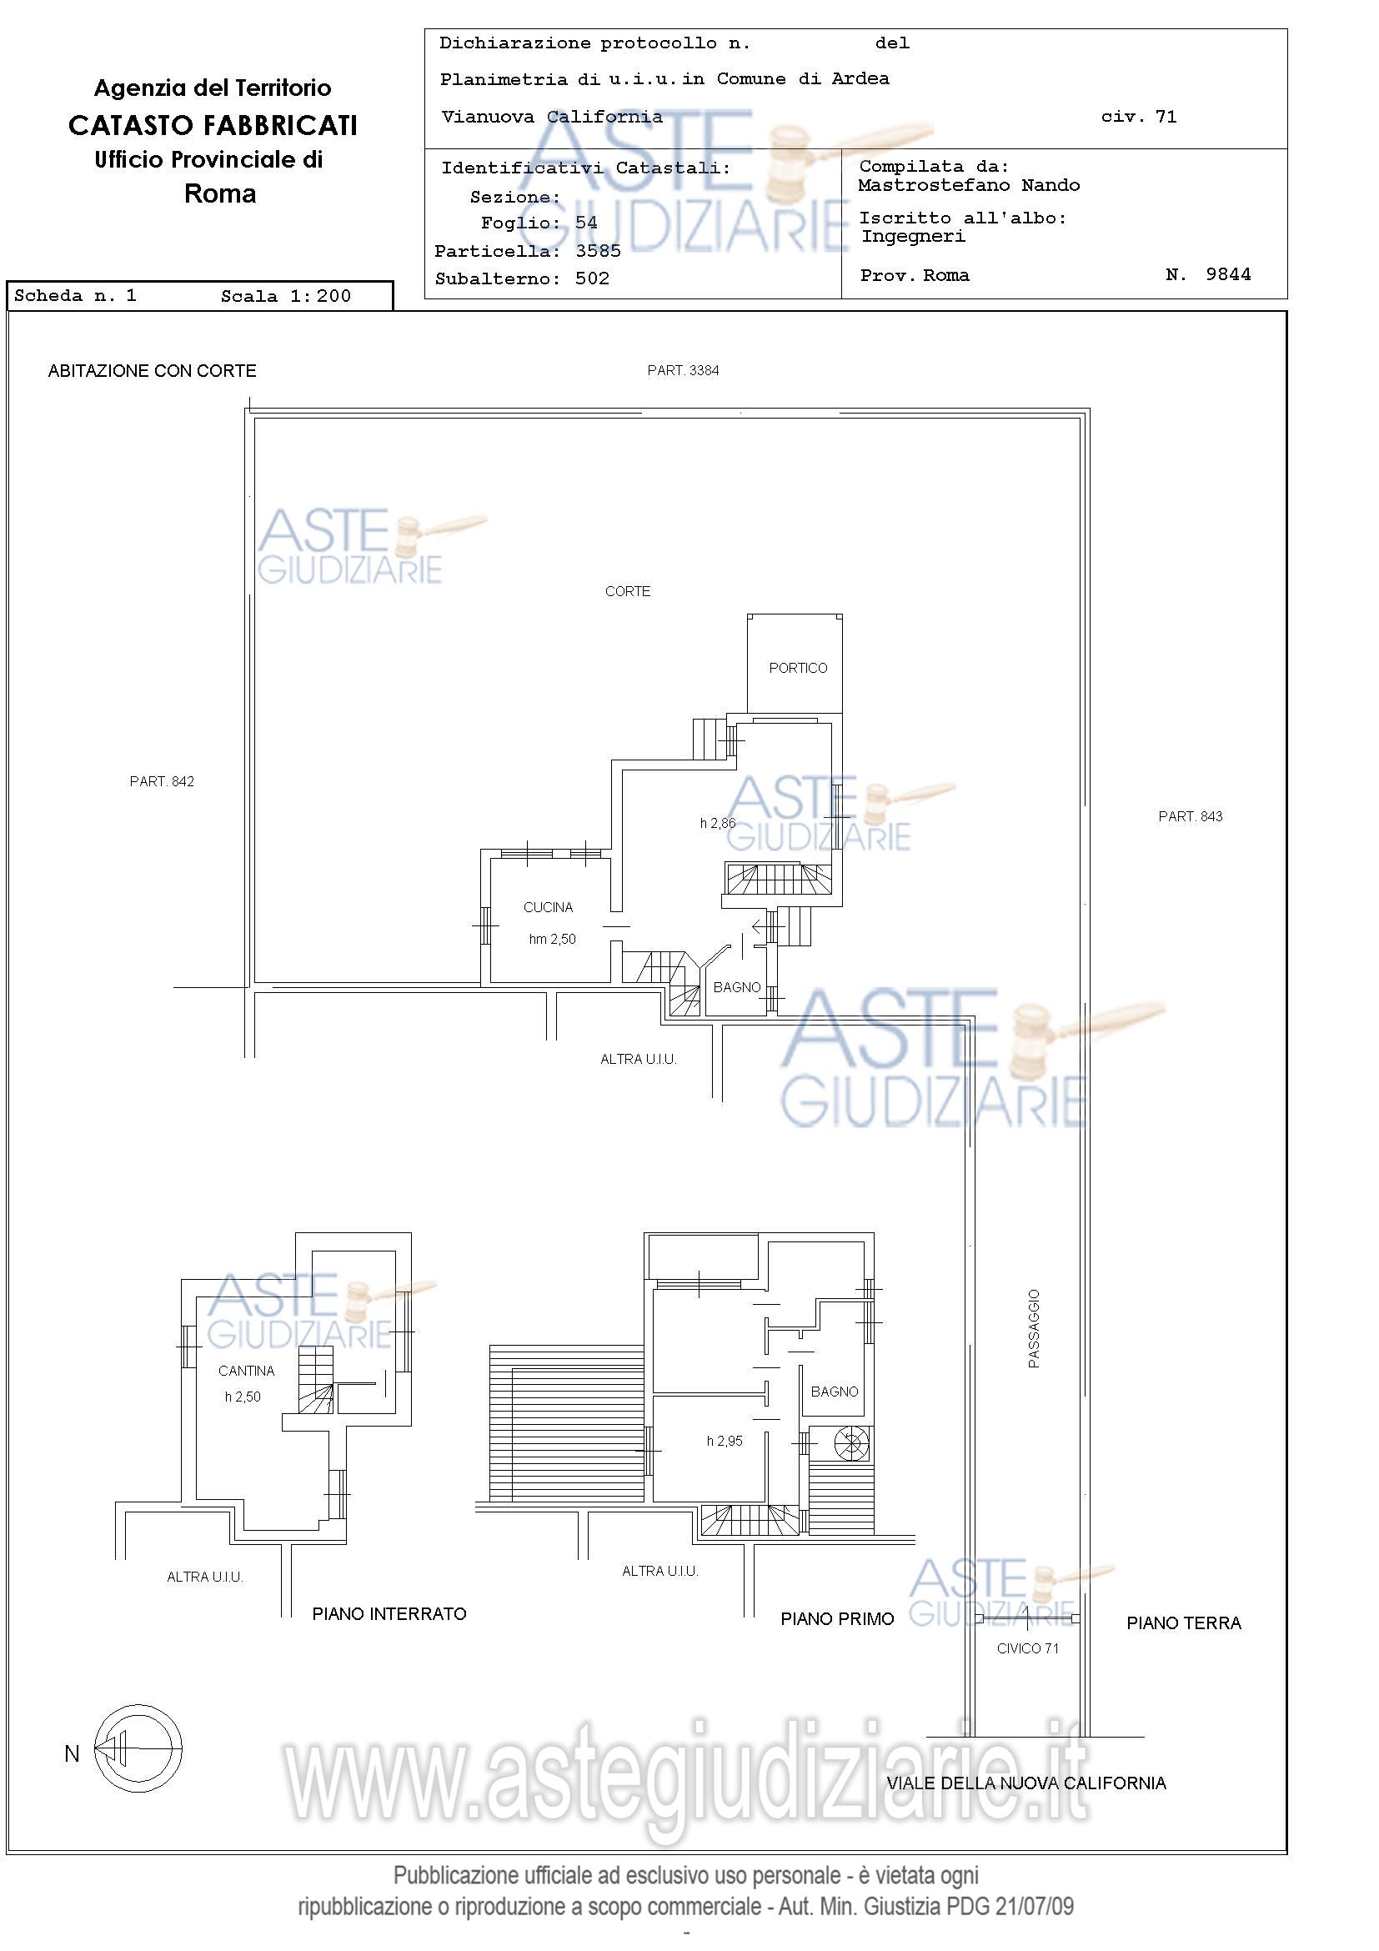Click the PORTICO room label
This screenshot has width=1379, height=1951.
point(798,668)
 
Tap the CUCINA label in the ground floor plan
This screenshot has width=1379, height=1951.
point(548,907)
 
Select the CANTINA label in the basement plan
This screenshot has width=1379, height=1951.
point(247,1371)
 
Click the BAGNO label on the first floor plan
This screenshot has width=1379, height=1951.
point(835,1392)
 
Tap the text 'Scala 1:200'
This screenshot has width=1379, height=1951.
point(285,296)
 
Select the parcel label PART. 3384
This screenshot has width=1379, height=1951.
point(683,370)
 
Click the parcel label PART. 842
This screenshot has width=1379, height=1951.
point(163,782)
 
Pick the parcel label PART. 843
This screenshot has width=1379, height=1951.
point(1191,816)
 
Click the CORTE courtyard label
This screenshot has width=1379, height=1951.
point(628,591)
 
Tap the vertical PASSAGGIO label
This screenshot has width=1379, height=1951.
point(1034,1329)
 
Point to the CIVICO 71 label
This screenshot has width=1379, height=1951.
point(1028,1648)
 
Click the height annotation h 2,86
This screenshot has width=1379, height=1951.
point(718,823)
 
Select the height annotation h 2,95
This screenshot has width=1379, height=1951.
point(725,1442)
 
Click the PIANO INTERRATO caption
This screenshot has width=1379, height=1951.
point(389,1613)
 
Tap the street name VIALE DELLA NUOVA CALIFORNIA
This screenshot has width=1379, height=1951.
point(1026,1783)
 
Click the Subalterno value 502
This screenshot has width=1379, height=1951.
point(592,278)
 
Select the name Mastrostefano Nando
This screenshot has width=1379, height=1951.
point(969,185)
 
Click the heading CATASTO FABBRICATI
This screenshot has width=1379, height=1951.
point(213,126)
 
